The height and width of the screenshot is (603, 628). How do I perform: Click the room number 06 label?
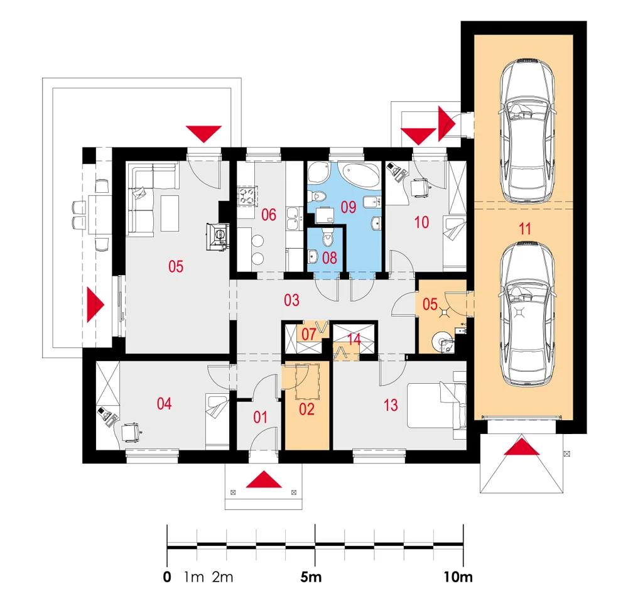pos(269,215)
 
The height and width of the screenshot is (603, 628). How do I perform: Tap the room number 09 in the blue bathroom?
pos(349,207)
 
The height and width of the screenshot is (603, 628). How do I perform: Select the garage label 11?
pos(525,229)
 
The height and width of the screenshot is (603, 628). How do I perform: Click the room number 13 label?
pos(391,405)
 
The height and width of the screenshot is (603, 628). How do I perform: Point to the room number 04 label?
pos(164,403)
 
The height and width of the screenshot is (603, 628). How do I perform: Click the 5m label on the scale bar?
pos(311,577)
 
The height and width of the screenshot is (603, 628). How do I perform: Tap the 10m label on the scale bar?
pos(458,577)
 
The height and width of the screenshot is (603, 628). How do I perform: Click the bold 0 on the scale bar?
pos(167,577)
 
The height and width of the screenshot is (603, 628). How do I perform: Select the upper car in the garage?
pos(527,131)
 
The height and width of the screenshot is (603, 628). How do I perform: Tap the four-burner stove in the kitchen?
pos(247,196)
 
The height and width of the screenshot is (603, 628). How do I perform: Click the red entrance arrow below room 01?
pos(264,479)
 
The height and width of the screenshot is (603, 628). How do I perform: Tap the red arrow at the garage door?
pos(521,447)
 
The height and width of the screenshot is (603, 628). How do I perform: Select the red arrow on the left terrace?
pos(95,305)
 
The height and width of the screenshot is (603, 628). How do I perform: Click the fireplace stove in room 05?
pos(217,237)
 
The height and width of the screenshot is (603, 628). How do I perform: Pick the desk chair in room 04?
pos(130,432)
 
